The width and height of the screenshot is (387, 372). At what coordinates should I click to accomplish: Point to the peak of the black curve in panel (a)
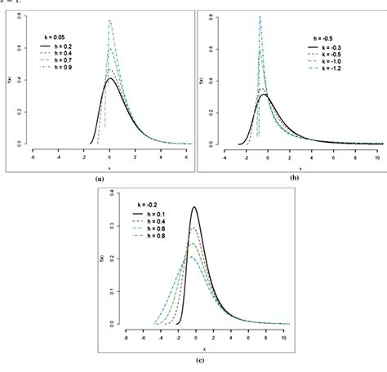(x=109, y=78)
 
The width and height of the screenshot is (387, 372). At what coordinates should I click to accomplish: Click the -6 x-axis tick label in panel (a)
(x=31, y=160)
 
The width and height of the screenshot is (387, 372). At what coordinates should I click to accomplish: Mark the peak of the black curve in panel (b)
(x=265, y=95)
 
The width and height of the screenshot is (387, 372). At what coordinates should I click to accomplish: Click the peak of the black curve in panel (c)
(x=194, y=207)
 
